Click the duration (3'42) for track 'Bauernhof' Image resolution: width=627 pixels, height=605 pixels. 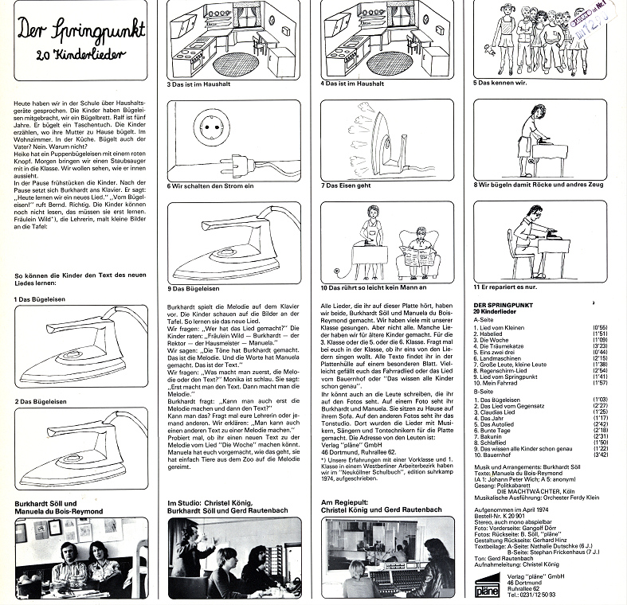tap(611, 455)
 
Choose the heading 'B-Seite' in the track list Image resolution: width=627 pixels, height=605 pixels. tap(483, 392)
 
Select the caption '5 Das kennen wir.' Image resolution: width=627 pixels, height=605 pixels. tap(501, 82)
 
